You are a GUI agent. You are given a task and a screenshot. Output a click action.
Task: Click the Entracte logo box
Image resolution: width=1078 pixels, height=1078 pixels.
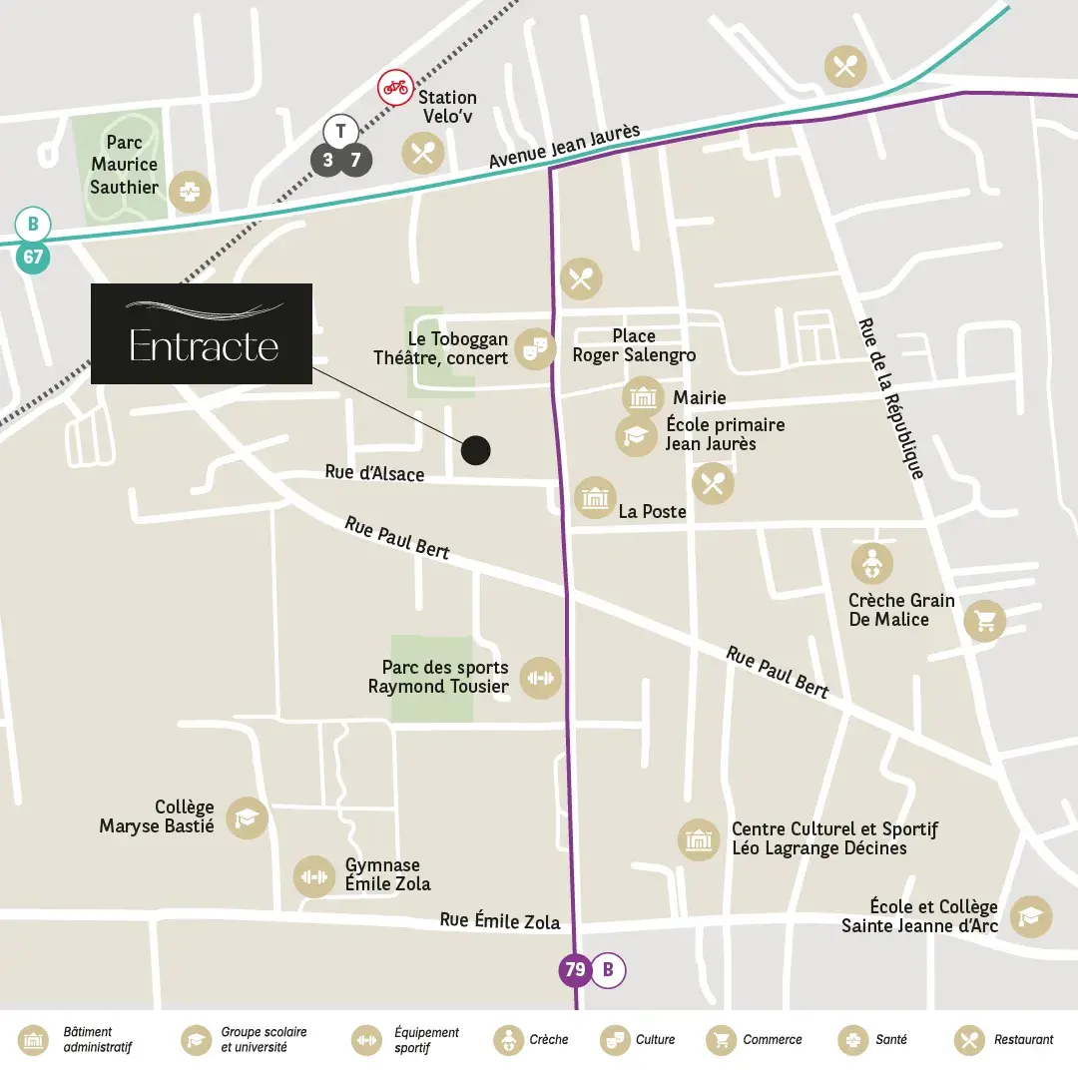pos(202,333)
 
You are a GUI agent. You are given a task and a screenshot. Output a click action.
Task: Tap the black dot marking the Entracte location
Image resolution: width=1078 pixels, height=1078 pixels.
pos(476,450)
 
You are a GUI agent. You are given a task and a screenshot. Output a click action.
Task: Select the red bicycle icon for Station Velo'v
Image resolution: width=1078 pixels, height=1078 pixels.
pos(394,88)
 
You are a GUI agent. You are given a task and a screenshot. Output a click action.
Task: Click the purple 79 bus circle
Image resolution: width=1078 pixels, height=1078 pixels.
pos(575,969)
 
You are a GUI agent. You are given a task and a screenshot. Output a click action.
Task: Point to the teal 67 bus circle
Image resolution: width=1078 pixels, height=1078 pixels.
pos(33,258)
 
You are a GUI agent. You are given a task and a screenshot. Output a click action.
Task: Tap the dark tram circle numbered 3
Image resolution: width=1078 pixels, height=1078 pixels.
pos(327,160)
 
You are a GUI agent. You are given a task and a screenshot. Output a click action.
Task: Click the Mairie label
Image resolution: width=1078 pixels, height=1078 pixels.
pos(699,398)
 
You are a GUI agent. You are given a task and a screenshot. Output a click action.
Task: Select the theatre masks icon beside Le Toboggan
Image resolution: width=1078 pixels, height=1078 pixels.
pos(536,347)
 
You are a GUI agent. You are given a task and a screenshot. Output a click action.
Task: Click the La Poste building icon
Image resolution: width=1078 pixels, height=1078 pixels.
pos(595,497)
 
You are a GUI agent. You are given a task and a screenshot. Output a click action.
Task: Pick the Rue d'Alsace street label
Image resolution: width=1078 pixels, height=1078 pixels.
pos(374,473)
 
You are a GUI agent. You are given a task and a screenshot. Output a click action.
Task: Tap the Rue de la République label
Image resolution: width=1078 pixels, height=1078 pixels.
pos(890,399)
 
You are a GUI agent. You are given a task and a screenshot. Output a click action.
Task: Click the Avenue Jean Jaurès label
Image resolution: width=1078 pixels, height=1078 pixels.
pos(564,148)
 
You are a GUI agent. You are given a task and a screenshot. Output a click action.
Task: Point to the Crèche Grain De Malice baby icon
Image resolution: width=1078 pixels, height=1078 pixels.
pos(871,564)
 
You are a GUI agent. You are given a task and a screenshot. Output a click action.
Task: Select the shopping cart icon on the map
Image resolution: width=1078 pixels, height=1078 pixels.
pos(985,621)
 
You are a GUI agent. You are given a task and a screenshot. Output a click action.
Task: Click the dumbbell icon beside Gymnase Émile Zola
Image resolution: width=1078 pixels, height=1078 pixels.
pos(313,876)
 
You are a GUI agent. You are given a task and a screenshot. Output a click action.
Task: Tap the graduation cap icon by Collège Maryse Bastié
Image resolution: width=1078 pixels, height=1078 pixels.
pos(247,818)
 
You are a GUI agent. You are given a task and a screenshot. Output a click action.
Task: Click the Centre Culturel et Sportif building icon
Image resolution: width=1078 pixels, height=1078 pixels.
pos(699,839)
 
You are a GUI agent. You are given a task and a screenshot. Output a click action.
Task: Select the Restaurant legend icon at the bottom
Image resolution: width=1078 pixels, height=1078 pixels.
pos(968,1040)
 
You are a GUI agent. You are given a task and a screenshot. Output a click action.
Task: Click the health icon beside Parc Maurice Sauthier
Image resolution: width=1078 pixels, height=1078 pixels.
pos(189,193)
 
